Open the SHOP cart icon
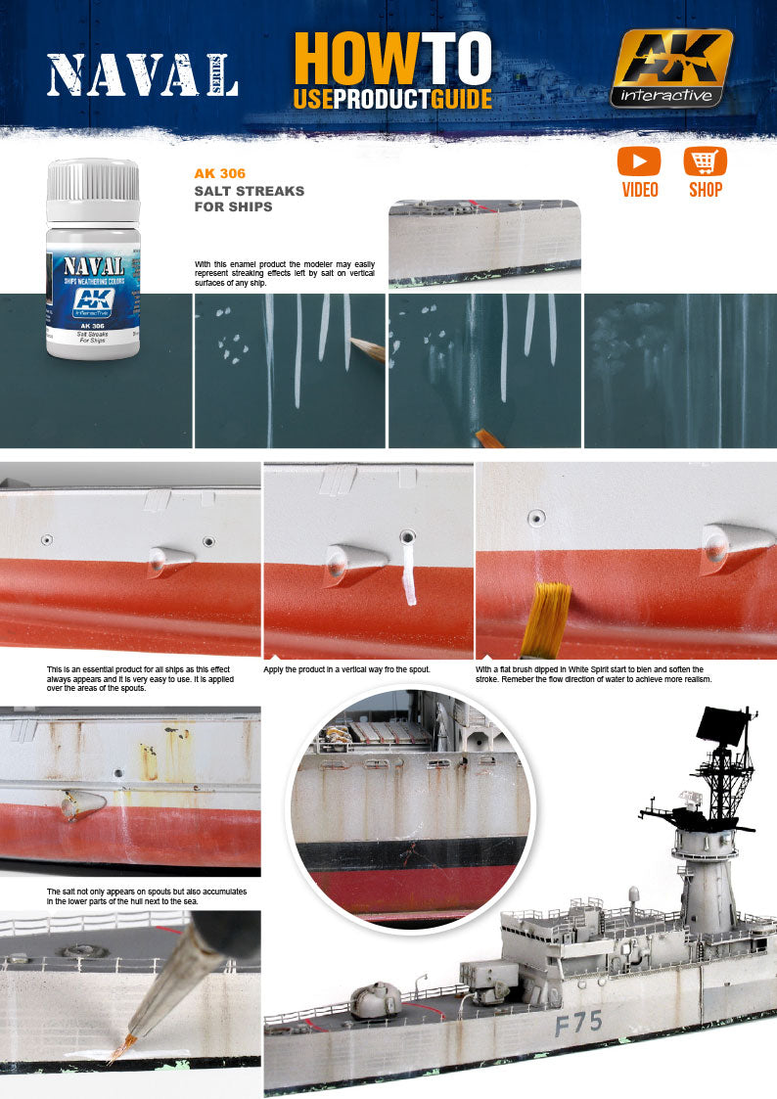pos(705,161)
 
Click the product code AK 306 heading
pos(220,173)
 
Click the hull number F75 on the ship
pos(578,1024)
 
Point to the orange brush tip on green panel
pos(488,439)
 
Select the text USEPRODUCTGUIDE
pos(391,98)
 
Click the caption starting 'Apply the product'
pos(347,669)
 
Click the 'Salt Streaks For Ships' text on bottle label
pos(93,338)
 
